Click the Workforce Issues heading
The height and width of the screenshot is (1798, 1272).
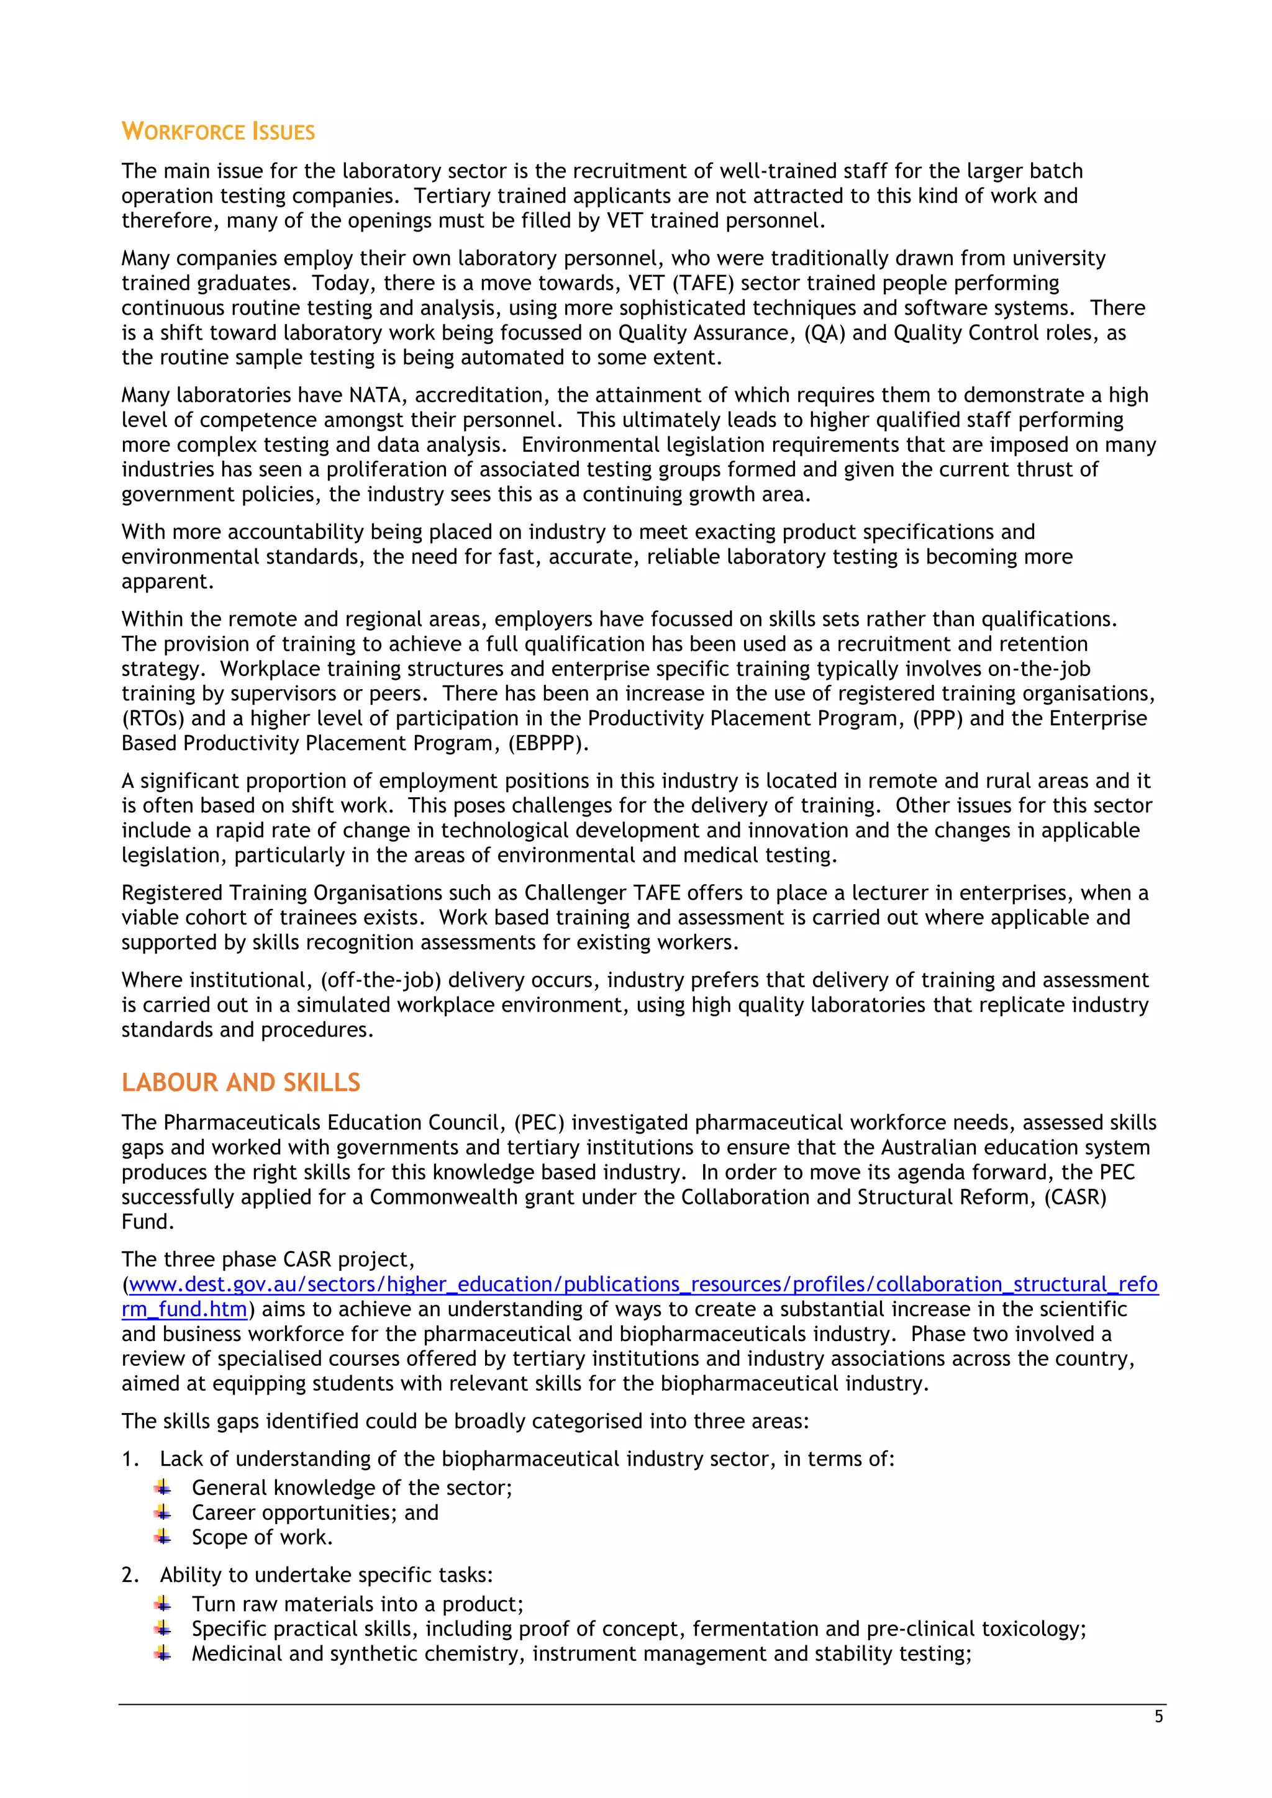(218, 132)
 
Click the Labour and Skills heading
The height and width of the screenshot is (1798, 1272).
(240, 1082)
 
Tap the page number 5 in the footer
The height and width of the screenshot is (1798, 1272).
(1158, 1717)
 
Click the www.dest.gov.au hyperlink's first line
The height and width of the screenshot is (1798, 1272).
(642, 1285)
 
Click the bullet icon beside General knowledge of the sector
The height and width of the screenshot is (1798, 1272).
(163, 1487)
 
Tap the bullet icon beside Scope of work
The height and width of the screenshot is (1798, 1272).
(163, 1537)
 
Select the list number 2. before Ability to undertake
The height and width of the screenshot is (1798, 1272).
(130, 1575)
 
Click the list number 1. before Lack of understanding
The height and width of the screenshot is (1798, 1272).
(130, 1459)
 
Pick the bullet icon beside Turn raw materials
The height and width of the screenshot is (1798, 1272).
(163, 1604)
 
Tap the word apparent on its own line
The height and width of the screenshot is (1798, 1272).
(167, 582)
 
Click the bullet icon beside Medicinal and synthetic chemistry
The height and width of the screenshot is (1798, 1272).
(163, 1654)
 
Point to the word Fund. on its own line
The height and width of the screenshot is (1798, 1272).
(147, 1222)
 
